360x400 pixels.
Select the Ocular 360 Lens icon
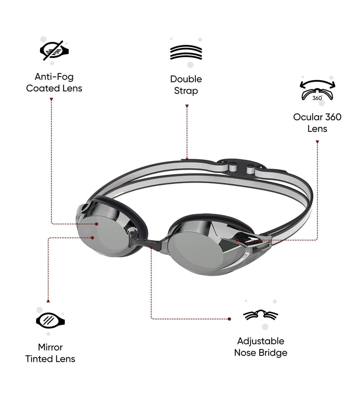317,90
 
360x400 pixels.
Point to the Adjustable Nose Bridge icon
261,315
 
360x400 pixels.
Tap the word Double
186,79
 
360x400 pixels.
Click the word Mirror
50,347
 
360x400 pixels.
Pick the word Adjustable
261,341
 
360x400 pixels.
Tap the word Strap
186,91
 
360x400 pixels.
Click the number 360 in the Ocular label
334,117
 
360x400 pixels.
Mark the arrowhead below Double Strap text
187,107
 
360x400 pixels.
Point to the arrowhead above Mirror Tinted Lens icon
48,300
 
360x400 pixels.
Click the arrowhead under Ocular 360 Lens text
317,142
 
